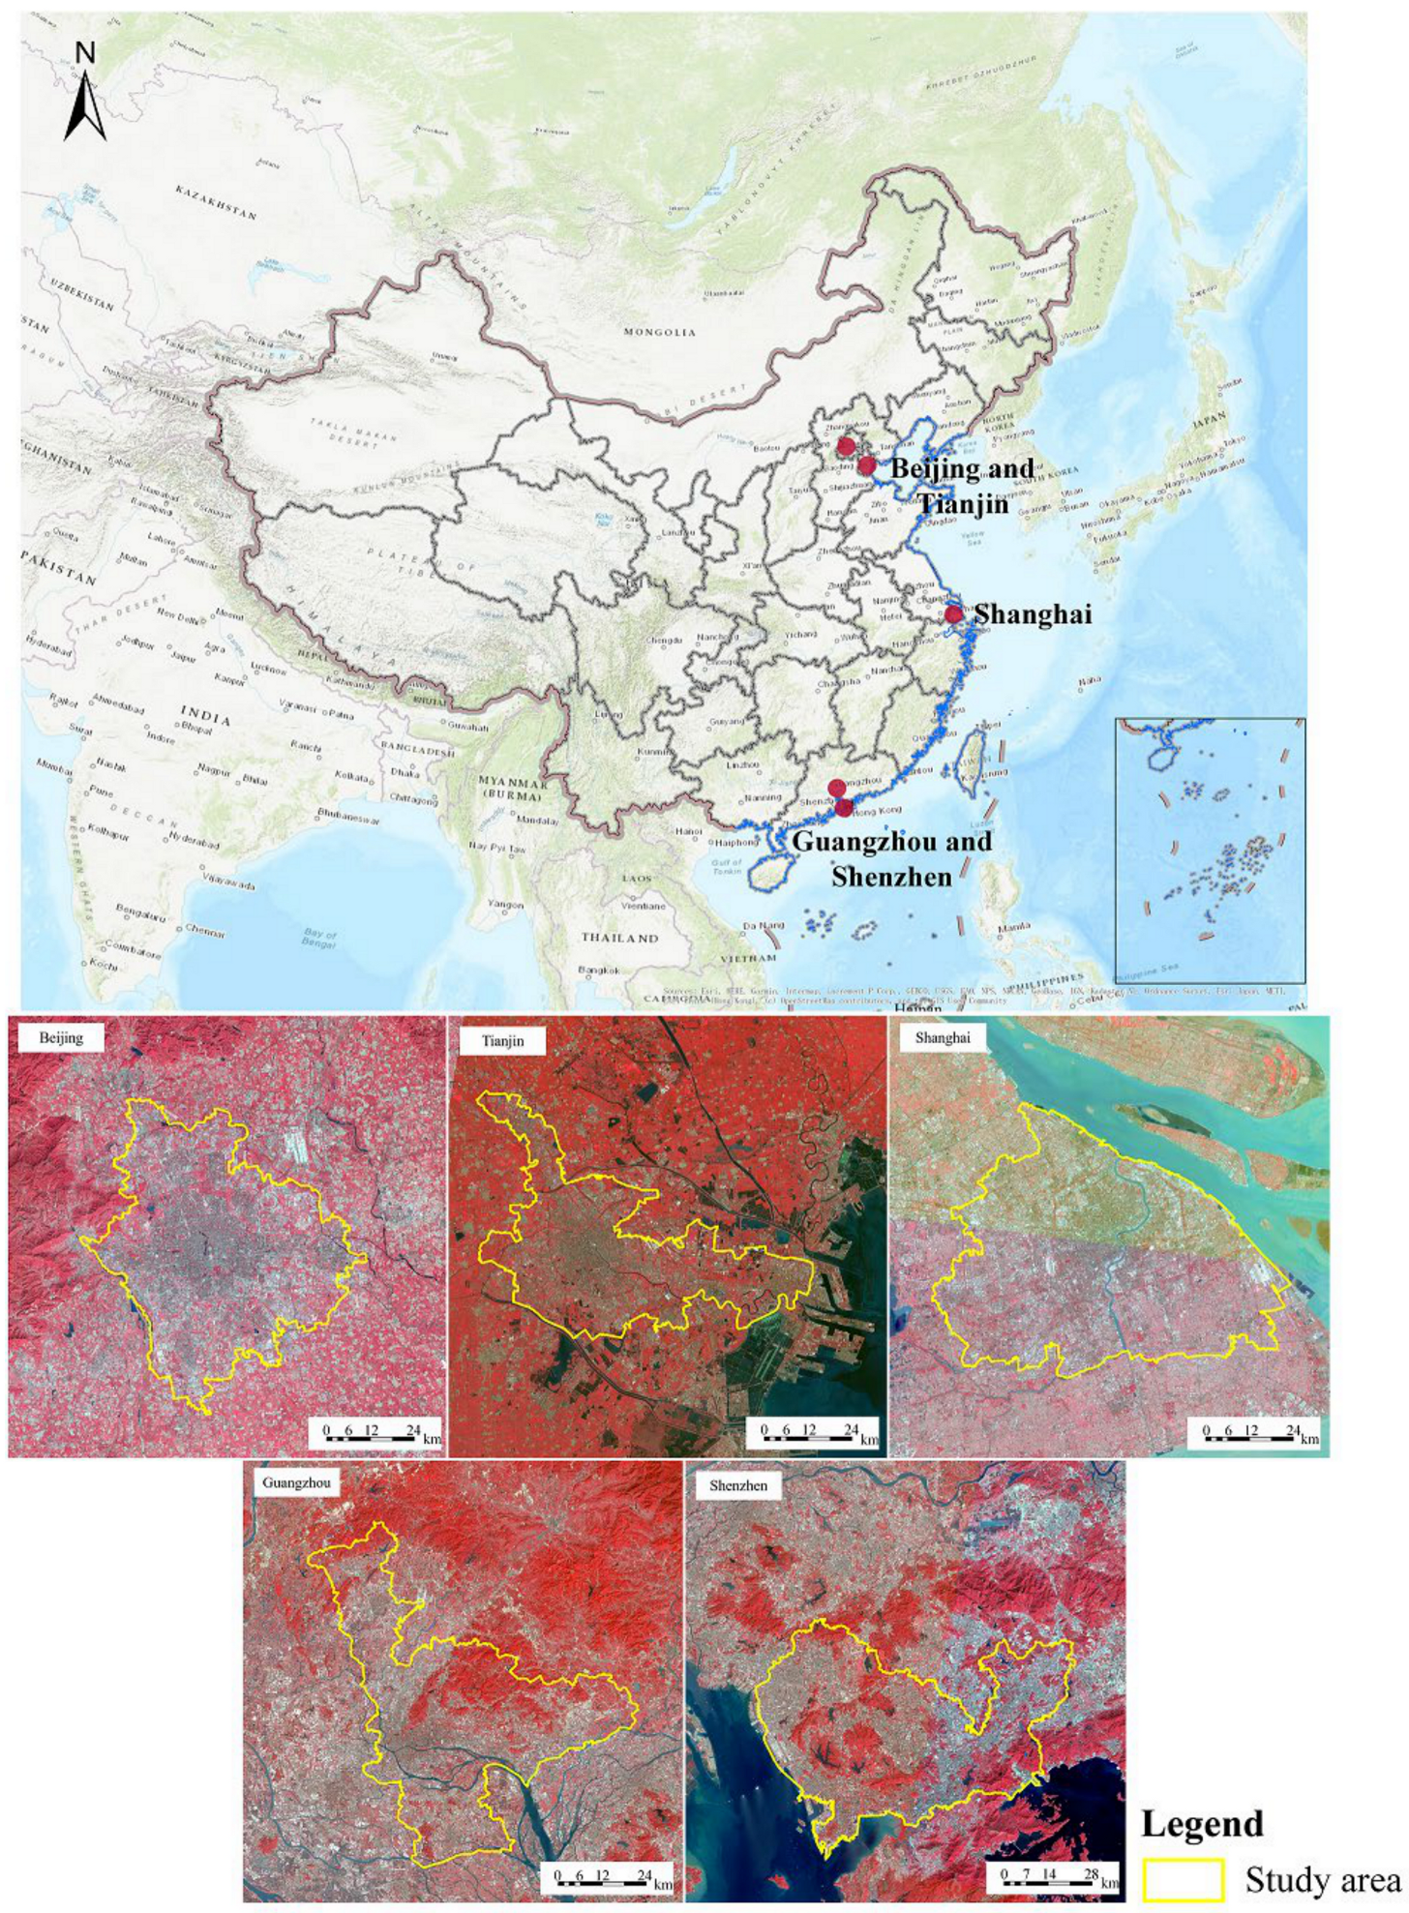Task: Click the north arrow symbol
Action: tap(85, 95)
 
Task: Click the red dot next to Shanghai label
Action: tap(953, 613)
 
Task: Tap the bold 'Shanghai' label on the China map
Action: tap(1033, 614)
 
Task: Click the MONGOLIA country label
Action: tap(659, 332)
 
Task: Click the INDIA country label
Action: tap(205, 716)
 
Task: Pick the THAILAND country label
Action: tap(619, 938)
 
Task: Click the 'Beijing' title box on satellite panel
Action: tap(61, 1038)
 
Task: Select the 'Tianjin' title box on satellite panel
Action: tap(503, 1041)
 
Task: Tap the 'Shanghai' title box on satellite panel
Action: tap(942, 1038)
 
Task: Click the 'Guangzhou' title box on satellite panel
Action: tap(296, 1483)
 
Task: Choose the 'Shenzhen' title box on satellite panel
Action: tap(738, 1485)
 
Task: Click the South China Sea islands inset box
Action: tap(1210, 851)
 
